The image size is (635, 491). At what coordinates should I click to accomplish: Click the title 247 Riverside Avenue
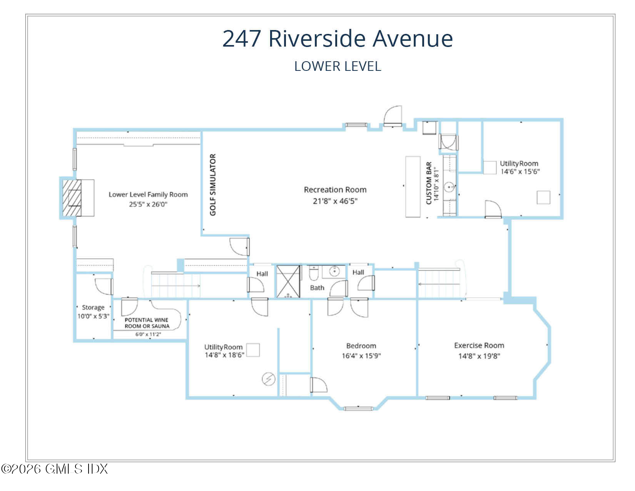coord(338,39)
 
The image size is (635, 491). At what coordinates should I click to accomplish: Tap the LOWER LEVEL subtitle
coord(338,66)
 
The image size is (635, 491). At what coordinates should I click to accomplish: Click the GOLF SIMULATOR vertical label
coord(213,185)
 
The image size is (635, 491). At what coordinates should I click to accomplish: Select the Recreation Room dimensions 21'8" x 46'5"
coord(335,201)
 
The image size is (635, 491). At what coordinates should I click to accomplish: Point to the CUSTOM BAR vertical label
coord(429,183)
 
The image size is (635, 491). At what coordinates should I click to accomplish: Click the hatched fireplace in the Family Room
coord(72,198)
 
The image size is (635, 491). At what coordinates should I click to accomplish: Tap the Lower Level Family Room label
coord(148,194)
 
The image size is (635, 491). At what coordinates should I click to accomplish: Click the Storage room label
coord(93,307)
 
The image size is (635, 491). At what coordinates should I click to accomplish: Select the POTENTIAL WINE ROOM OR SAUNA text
coord(147,323)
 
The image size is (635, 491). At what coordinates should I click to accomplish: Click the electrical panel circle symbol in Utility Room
coord(268,379)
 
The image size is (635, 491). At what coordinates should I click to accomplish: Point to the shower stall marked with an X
coord(288,281)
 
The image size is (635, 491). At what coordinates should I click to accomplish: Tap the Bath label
coord(317,288)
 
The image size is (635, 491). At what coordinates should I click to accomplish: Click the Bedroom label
coord(361,346)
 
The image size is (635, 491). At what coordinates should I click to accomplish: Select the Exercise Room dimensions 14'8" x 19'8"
coord(479,356)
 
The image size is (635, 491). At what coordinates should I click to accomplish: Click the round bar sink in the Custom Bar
coord(450,187)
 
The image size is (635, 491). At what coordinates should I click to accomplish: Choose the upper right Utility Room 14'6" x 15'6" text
coord(519,168)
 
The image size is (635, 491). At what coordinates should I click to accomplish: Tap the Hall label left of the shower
coord(262,274)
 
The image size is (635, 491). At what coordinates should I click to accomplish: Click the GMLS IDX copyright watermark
coord(55,469)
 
